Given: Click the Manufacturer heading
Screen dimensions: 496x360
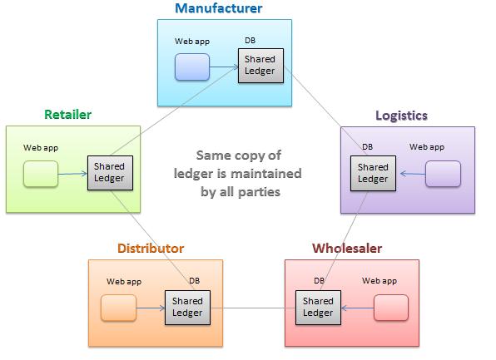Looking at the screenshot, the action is pyautogui.click(x=219, y=8).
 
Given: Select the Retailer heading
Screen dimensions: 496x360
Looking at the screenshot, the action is pyautogui.click(x=67, y=115).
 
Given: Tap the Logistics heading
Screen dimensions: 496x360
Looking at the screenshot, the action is pyautogui.click(x=401, y=116).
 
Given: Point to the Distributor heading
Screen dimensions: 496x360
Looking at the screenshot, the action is pyautogui.click(x=151, y=249).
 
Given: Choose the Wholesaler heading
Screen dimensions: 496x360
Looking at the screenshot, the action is pyautogui.click(x=347, y=249).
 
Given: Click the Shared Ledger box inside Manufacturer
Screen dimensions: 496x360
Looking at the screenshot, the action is pyautogui.click(x=260, y=66).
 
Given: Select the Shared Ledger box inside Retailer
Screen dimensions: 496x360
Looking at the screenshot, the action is pyautogui.click(x=110, y=173).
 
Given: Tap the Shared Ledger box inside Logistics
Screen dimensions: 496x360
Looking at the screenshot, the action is pyautogui.click(x=374, y=173).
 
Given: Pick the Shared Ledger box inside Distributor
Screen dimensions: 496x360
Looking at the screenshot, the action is pyautogui.click(x=187, y=308).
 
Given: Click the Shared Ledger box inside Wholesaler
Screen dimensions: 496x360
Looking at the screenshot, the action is pyautogui.click(x=318, y=308).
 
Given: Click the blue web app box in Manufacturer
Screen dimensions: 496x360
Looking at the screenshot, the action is pyautogui.click(x=192, y=67).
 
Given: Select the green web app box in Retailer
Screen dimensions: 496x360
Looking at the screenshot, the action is pyautogui.click(x=41, y=174).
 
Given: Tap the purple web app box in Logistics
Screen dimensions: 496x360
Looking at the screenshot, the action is pyautogui.click(x=444, y=174).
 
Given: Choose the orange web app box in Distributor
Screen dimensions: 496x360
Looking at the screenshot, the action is pyautogui.click(x=119, y=308).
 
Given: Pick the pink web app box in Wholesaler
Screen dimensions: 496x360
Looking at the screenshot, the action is pyautogui.click(x=391, y=308).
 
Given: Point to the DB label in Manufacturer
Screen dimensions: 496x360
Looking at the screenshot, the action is pyautogui.click(x=250, y=41).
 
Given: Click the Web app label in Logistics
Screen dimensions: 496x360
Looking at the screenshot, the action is pyautogui.click(x=427, y=147).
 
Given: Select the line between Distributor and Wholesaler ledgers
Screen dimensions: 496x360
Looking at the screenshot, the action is pyautogui.click(x=253, y=308).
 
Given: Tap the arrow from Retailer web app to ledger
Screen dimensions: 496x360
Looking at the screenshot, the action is pyautogui.click(x=72, y=174).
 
